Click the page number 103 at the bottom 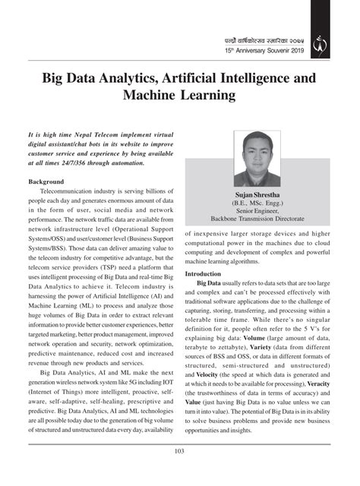coord(180,473)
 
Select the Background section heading coord(46,183)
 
